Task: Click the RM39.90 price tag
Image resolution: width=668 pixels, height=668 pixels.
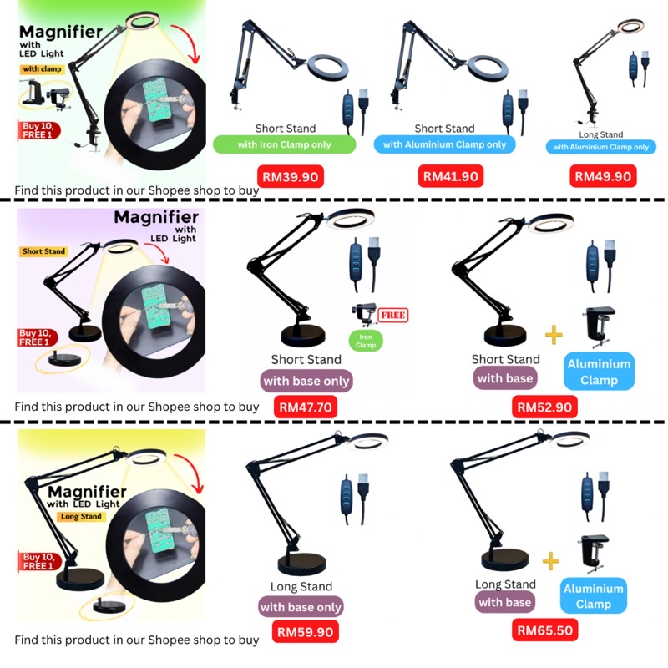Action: [287, 176]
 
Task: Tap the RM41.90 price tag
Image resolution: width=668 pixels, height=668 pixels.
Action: [451, 176]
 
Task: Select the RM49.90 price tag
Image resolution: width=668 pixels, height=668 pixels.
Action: [603, 176]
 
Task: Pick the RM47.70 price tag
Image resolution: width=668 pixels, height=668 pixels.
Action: [307, 407]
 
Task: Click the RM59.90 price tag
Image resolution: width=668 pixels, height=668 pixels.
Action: [306, 632]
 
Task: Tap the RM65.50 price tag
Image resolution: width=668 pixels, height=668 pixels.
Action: [544, 630]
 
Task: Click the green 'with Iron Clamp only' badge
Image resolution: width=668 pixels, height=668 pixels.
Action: [284, 144]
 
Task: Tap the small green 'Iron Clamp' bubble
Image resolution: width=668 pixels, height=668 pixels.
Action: [365, 340]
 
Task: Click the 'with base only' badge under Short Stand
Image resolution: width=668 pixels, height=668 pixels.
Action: [306, 382]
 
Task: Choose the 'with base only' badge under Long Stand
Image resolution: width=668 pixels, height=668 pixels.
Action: [301, 607]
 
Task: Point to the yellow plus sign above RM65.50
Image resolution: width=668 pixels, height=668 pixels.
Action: [550, 560]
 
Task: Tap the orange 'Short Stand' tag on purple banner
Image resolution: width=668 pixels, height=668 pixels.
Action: [44, 251]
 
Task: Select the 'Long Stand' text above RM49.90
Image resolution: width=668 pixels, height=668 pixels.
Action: [601, 134]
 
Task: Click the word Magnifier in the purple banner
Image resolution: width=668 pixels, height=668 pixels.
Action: [155, 219]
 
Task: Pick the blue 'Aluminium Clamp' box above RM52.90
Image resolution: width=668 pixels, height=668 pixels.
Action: [599, 372]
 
